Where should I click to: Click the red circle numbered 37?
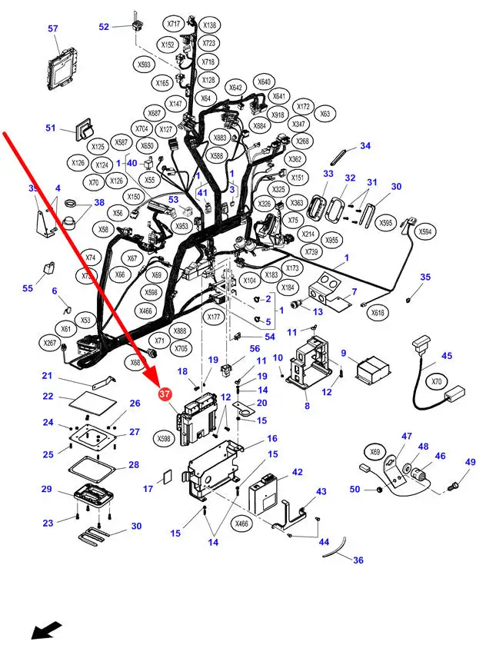(164, 394)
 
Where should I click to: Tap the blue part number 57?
(53, 29)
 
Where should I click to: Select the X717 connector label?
(175, 25)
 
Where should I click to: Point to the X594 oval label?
(424, 231)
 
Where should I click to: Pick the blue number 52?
(104, 26)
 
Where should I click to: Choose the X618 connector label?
(378, 312)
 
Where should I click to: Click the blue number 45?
(447, 356)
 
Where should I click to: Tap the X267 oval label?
(50, 343)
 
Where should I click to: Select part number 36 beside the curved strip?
(358, 560)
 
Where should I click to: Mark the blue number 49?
(471, 462)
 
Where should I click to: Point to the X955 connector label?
(332, 239)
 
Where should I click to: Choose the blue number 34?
(365, 145)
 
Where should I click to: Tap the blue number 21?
(47, 376)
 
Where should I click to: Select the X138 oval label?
(209, 25)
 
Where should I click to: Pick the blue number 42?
(297, 473)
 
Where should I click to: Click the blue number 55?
(28, 288)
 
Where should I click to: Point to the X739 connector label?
(311, 252)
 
